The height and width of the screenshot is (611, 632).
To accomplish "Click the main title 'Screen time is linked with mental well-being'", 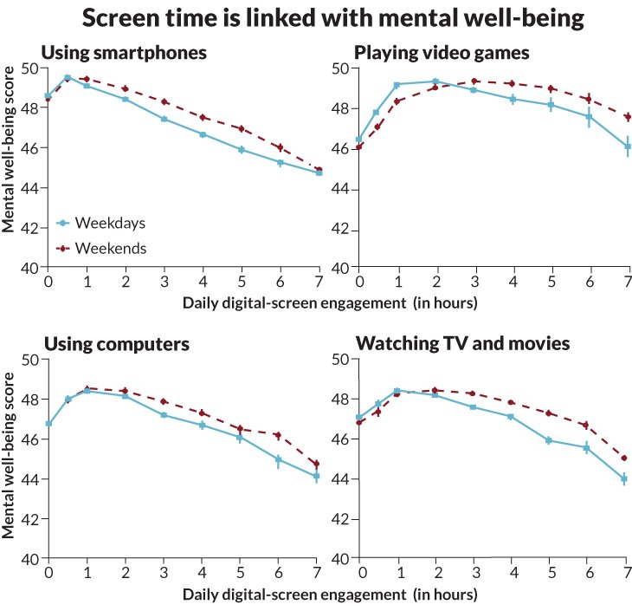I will point(316,18).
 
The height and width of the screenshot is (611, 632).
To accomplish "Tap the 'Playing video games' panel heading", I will point(442,53).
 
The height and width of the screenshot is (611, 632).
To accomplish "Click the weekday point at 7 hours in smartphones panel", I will point(319,173).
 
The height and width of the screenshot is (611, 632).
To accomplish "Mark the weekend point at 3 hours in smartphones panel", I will point(164,101).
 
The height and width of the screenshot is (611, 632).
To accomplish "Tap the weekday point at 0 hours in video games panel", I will point(359,139).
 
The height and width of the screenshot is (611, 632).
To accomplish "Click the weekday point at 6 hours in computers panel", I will point(280,459).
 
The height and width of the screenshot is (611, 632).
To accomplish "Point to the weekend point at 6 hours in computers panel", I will point(280,435).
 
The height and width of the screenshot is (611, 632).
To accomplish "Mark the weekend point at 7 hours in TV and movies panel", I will point(624,458).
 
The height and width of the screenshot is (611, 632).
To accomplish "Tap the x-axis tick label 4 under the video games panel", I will point(513,283).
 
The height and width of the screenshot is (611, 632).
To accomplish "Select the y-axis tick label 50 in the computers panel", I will point(29,360).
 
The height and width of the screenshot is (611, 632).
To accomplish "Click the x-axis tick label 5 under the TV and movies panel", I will point(551,574).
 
